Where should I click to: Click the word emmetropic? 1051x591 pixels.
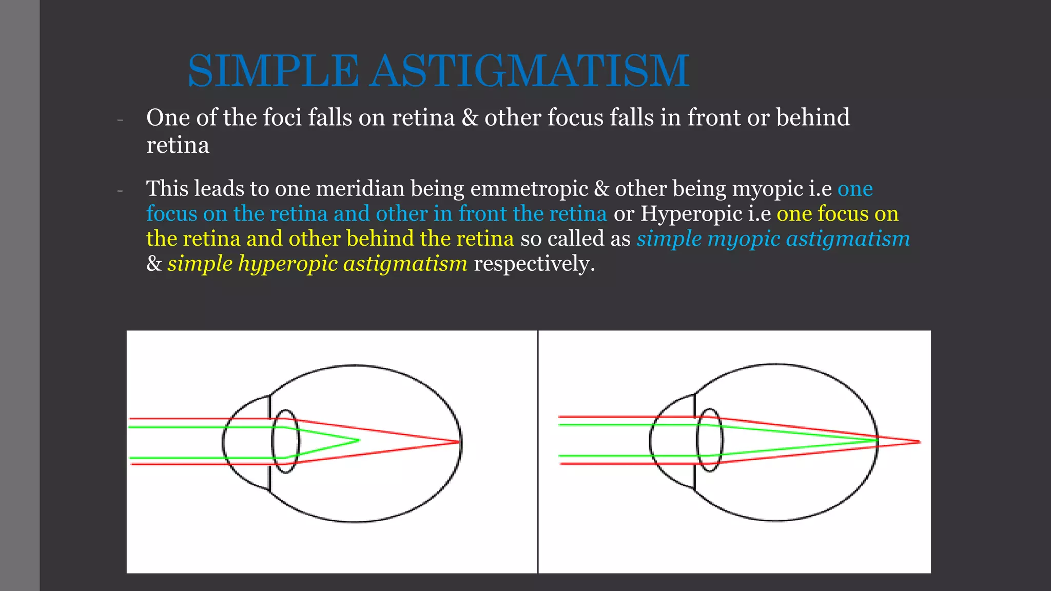[529, 189]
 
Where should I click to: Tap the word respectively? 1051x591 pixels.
[534, 264]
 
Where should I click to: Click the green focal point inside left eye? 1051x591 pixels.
[358, 440]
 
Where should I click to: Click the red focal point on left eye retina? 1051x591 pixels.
[458, 442]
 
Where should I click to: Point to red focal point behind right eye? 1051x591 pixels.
[919, 442]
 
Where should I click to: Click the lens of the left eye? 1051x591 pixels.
[285, 441]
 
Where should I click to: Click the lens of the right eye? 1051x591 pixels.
[710, 440]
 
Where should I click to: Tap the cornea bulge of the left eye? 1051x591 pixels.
[241, 442]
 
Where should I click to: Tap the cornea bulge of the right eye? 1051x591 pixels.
[667, 441]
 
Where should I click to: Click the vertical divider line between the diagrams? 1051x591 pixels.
[538, 451]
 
